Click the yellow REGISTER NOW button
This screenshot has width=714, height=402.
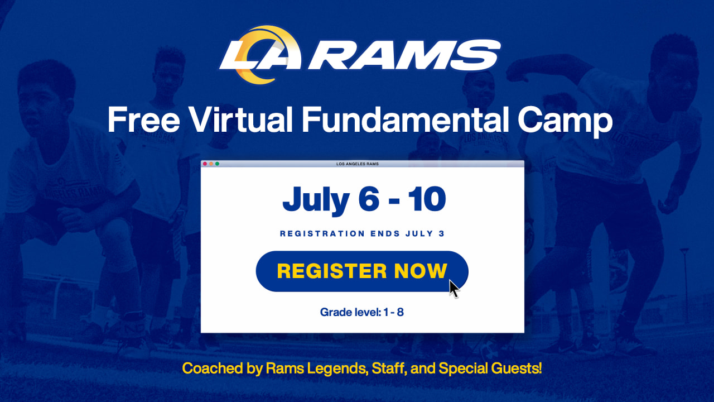[x=361, y=271]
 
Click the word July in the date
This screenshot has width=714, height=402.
[x=315, y=200]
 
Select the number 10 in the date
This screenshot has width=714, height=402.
[x=426, y=200]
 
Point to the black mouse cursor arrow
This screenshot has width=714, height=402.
[x=454, y=288]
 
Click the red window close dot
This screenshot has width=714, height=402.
[x=205, y=164]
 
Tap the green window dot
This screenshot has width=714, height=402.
[x=217, y=164]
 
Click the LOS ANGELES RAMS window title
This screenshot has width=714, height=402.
[x=358, y=164]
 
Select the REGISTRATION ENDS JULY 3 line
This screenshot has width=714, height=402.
[x=362, y=234]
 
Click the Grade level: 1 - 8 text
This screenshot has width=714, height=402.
[x=362, y=312]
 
